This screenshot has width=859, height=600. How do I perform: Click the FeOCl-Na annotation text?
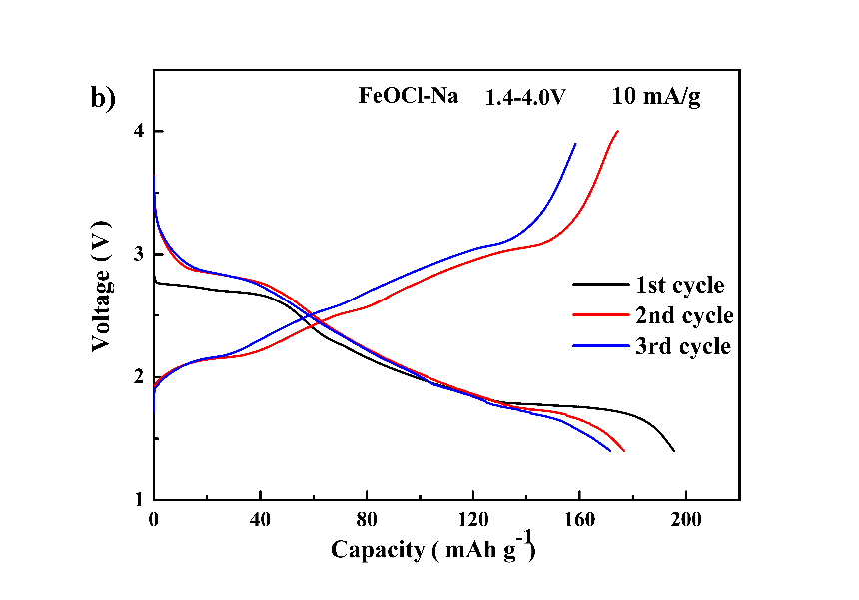pyautogui.click(x=409, y=97)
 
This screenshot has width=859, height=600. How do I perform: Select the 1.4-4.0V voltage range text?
pyautogui.click(x=526, y=98)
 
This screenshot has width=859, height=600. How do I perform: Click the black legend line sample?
pyautogui.click(x=596, y=286)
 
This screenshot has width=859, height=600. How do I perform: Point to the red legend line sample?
pyautogui.click(x=596, y=316)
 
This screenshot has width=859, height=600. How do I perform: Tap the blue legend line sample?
pyautogui.click(x=596, y=347)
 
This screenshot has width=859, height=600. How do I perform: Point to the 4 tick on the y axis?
pyautogui.click(x=141, y=132)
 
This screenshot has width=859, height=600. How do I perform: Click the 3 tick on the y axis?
pyautogui.click(x=141, y=255)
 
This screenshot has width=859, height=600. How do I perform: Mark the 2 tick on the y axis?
pyautogui.click(x=141, y=377)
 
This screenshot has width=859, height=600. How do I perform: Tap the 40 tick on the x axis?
pyautogui.click(x=260, y=520)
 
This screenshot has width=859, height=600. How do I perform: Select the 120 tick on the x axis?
pyautogui.click(x=473, y=520)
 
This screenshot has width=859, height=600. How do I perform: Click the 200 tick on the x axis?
pyautogui.click(x=687, y=520)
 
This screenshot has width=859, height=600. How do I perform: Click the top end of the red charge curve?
pyautogui.click(x=618, y=131)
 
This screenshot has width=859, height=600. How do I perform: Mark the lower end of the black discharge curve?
pyautogui.click(x=674, y=451)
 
